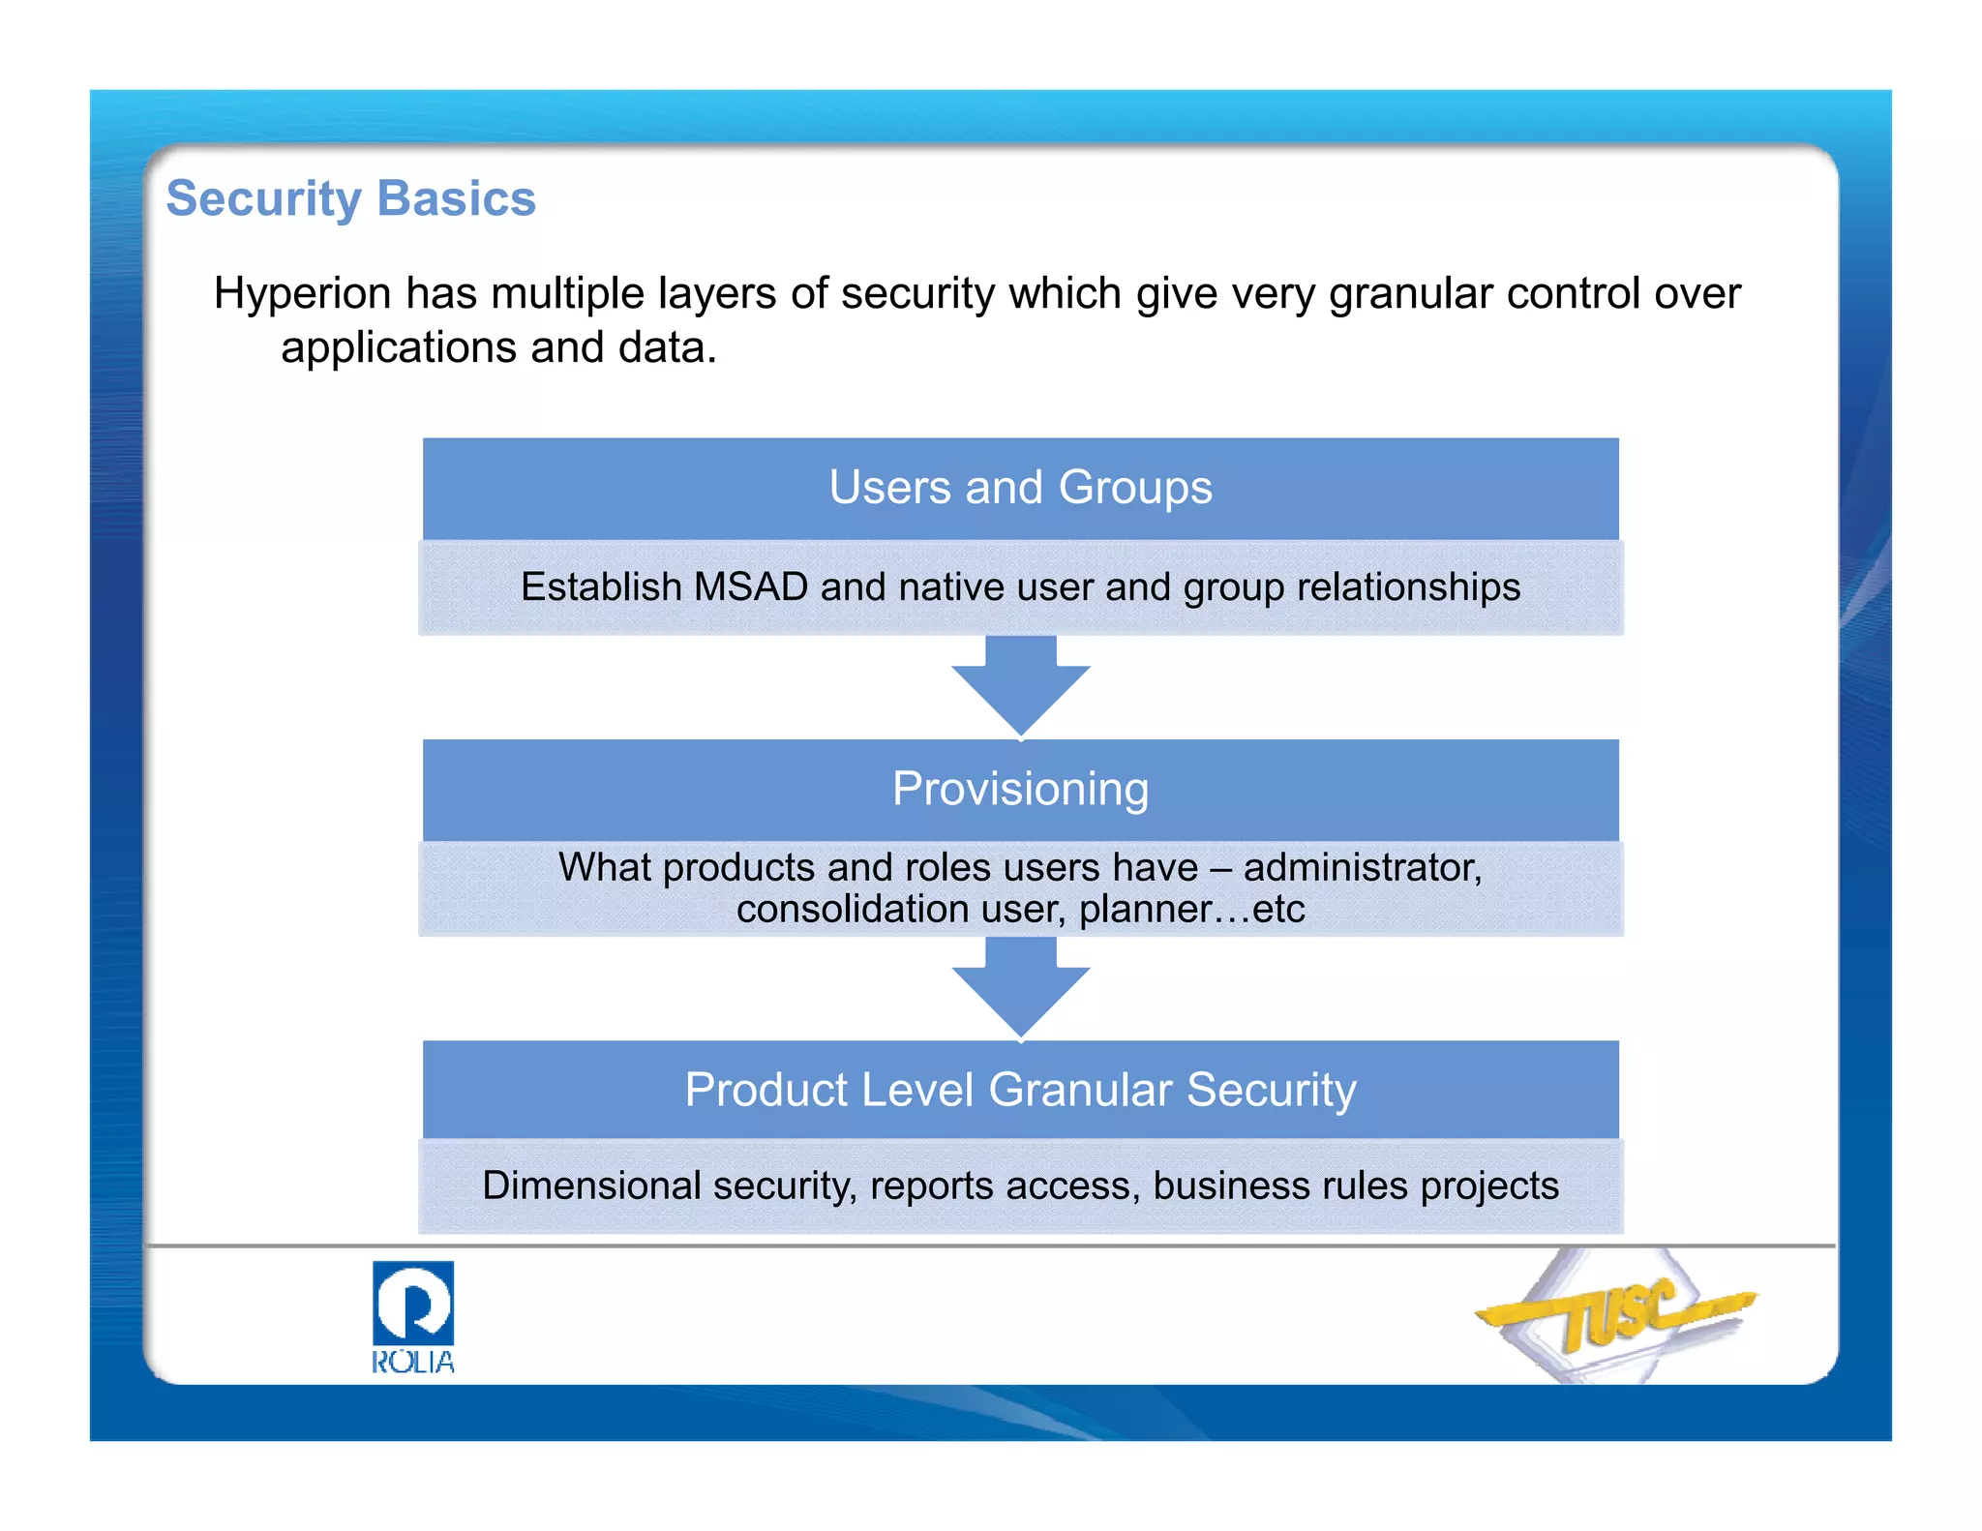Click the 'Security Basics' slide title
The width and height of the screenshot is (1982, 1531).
[350, 198]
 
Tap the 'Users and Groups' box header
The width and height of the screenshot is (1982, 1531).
[1020, 487]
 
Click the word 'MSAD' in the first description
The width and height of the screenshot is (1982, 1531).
[750, 587]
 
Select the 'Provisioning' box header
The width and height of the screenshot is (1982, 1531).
[1020, 789]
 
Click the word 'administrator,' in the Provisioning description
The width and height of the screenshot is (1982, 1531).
[1362, 867]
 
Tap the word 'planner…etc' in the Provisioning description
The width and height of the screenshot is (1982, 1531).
[1191, 910]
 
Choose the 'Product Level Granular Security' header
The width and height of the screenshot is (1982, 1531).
[1020, 1090]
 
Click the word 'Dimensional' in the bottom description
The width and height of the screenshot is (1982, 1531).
[590, 1186]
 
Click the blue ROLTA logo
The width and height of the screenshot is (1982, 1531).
[413, 1316]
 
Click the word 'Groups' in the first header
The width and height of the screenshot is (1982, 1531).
[1134, 487]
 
